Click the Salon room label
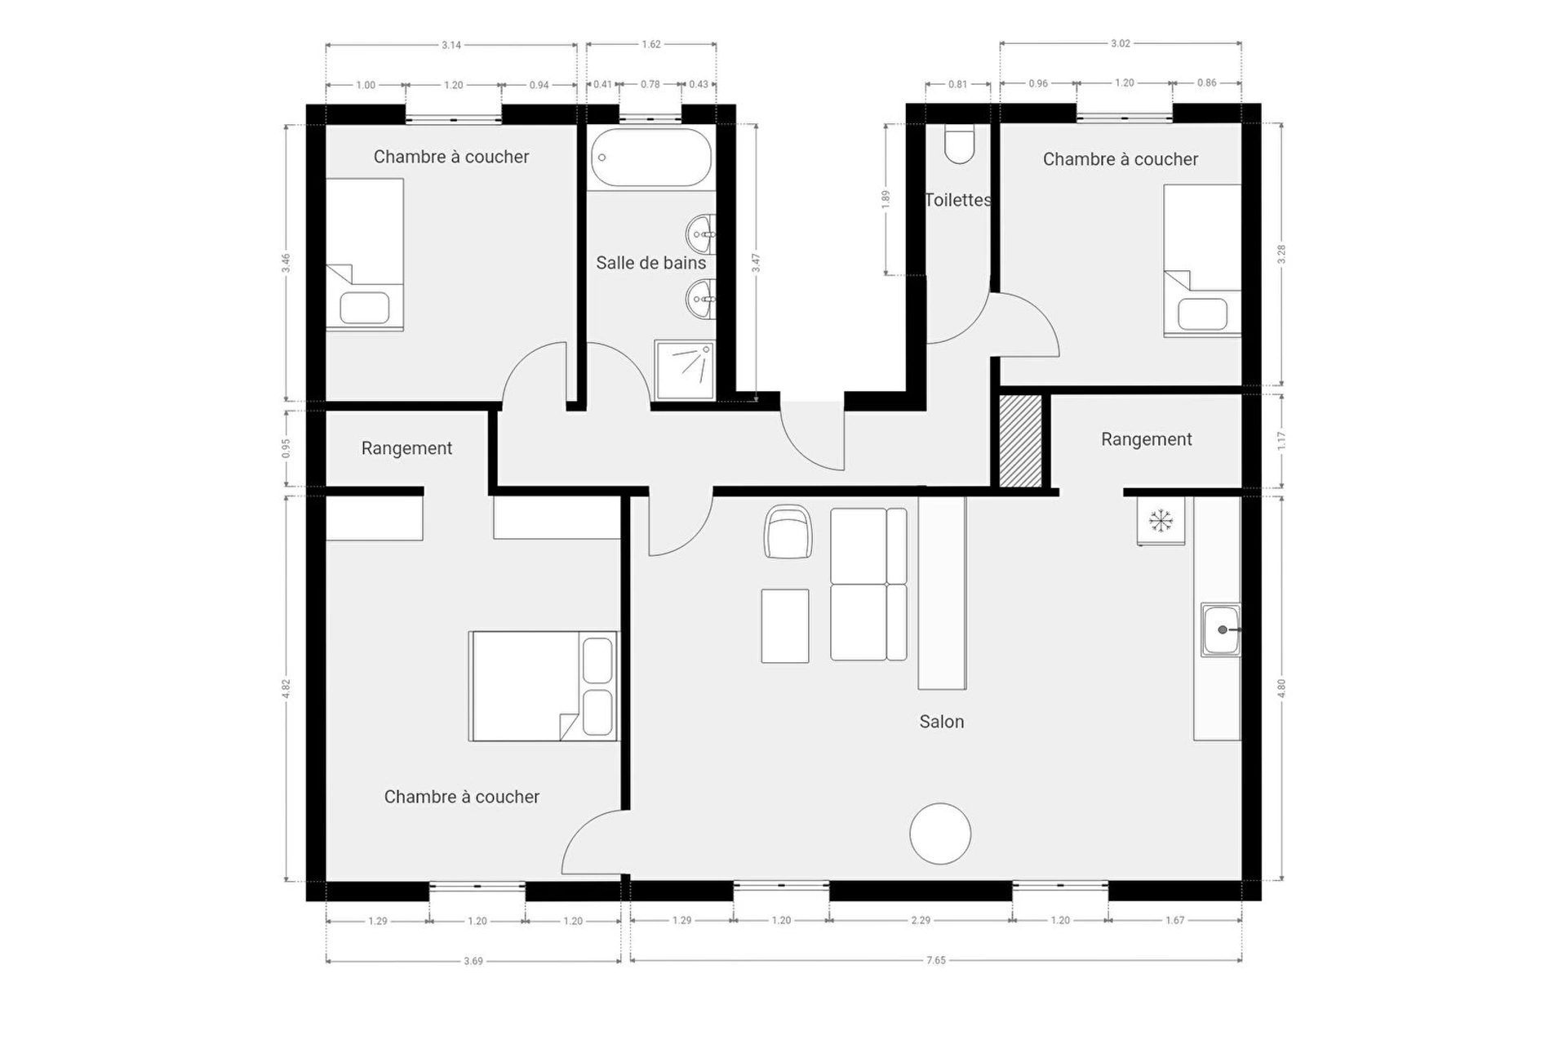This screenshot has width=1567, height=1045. (x=941, y=722)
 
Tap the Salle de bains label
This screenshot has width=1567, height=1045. (x=650, y=263)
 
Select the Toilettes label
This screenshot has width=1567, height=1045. (x=958, y=200)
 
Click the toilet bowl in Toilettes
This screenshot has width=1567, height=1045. (x=959, y=145)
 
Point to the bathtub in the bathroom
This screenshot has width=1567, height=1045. (x=650, y=158)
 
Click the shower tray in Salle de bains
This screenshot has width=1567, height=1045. (x=684, y=370)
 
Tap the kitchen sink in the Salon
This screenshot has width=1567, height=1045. (x=1220, y=629)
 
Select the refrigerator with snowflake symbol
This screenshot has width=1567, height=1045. (x=1161, y=520)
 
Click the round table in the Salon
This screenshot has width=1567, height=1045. (x=940, y=834)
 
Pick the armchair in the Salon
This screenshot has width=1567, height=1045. (x=788, y=531)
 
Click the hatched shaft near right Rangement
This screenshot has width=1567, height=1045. (x=1021, y=441)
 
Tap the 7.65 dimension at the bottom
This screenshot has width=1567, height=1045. (x=936, y=961)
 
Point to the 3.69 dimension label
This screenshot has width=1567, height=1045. (x=473, y=962)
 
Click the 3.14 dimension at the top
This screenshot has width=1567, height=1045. (x=451, y=45)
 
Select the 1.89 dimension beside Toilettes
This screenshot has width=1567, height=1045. (x=886, y=199)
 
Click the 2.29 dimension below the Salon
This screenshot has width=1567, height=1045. (x=921, y=920)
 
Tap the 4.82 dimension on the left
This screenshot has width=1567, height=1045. (x=286, y=688)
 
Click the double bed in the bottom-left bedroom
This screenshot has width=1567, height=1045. (x=544, y=686)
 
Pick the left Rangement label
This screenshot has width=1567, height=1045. (x=406, y=448)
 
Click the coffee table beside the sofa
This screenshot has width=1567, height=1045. (x=785, y=626)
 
